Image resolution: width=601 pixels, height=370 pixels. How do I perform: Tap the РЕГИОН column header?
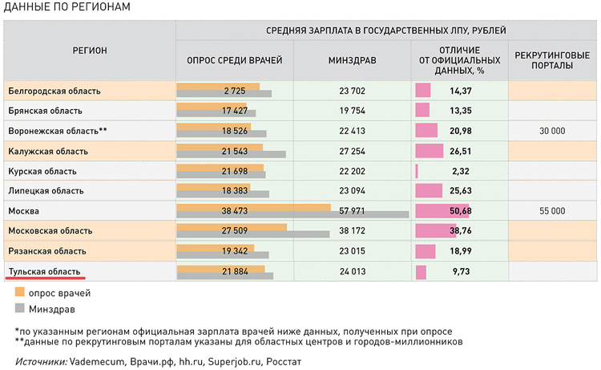tap(90, 51)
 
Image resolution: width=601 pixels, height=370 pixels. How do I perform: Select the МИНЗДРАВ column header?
tap(352, 60)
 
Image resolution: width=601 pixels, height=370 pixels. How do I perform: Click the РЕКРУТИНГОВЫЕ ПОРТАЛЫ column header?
tap(552, 60)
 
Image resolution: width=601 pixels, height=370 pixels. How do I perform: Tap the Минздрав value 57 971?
tap(352, 211)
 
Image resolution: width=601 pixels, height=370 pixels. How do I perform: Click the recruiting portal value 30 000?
tap(552, 131)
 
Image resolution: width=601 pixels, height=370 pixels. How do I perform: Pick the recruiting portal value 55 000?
tap(552, 211)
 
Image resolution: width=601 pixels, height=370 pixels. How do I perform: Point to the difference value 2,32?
tap(460, 171)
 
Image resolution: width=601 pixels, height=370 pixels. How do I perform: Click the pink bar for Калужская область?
tap(429, 151)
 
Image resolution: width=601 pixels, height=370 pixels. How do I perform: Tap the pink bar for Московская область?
tap(433, 231)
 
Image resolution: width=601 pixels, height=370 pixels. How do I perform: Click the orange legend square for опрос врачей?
tap(20, 294)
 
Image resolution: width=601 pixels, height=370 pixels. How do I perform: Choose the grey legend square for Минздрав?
tap(20, 309)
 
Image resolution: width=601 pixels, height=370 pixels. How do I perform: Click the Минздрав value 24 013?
tap(352, 271)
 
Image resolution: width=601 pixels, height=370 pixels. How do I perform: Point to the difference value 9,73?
tap(460, 271)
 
